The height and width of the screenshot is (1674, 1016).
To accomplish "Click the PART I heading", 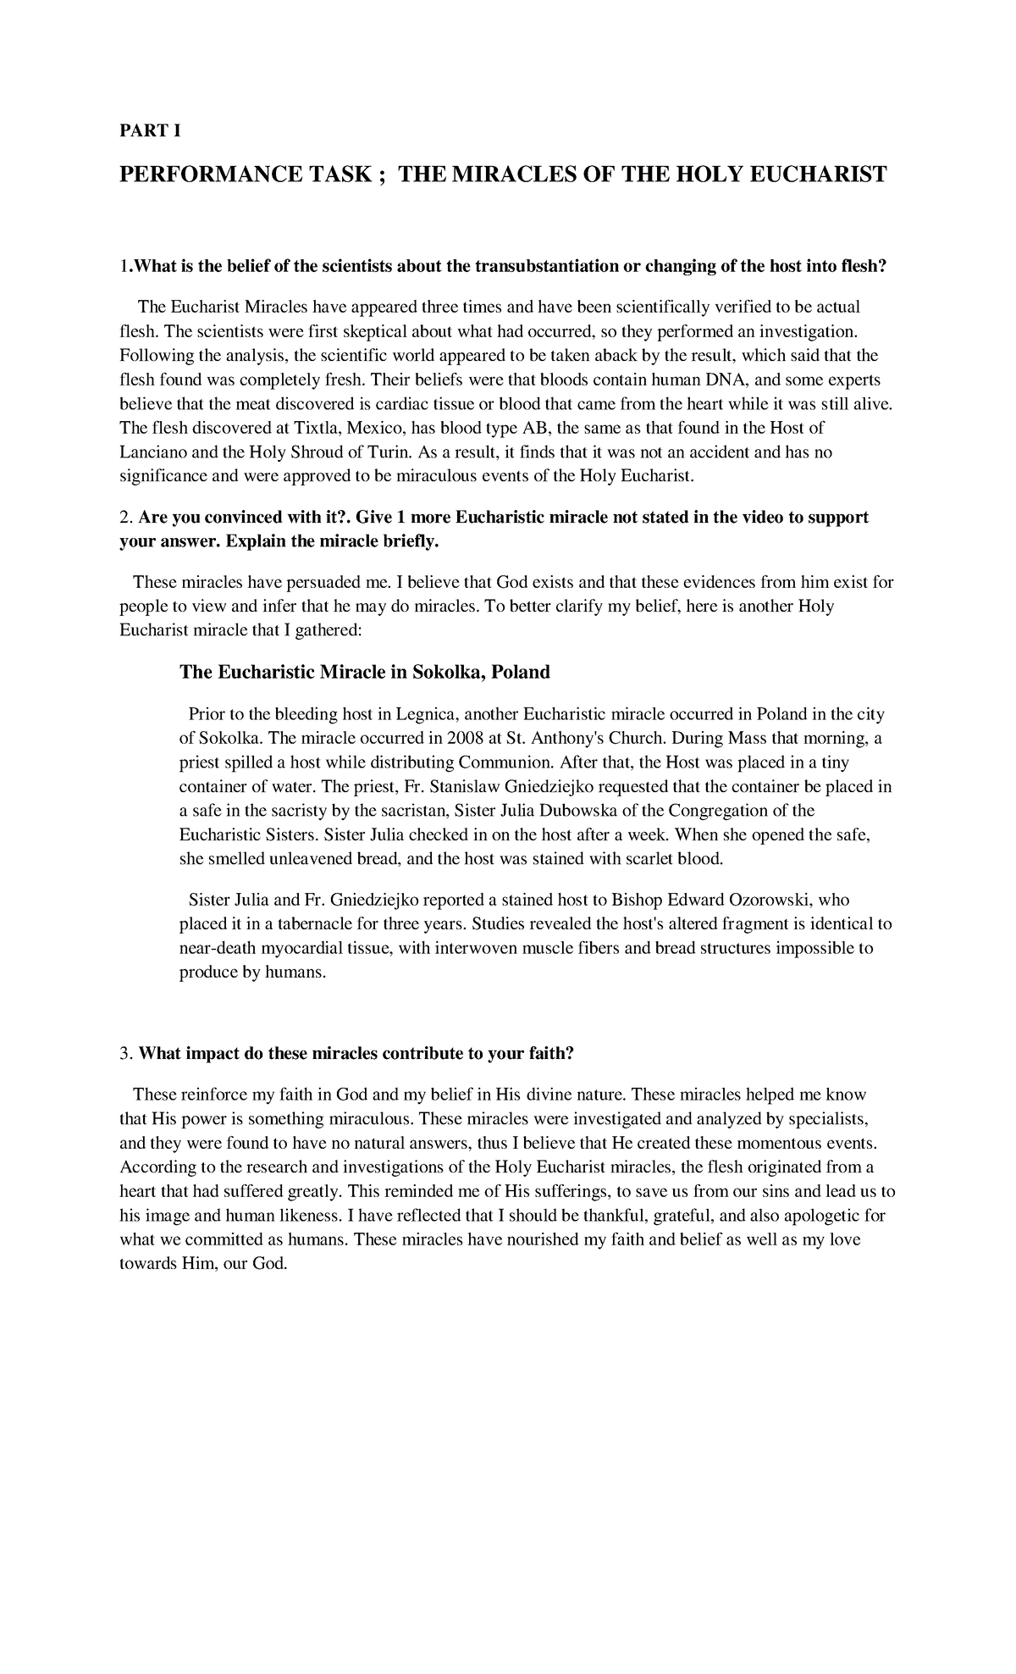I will [x=150, y=131].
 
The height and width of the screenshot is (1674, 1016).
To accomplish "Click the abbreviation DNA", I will [x=734, y=379].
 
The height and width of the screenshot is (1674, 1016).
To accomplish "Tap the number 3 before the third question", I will [x=125, y=1054].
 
